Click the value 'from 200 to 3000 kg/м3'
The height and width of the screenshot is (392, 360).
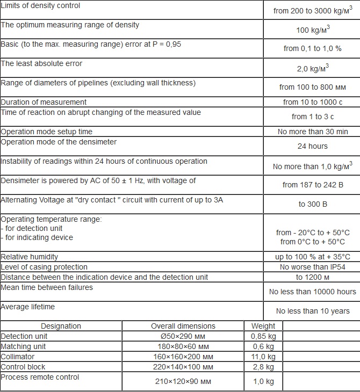point(312,11)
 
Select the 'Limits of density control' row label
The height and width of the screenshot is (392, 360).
point(41,6)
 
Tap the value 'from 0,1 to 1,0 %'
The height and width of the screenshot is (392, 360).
point(312,48)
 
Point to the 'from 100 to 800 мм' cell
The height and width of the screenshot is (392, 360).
point(312,86)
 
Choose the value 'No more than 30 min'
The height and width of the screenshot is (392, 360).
point(312,132)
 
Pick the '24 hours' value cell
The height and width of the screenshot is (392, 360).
point(312,146)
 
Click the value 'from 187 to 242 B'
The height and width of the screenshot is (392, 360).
point(312,185)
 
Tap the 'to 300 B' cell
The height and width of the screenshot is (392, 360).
point(312,204)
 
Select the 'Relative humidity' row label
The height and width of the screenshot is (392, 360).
point(30,257)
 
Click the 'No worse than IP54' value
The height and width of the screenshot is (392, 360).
point(312,267)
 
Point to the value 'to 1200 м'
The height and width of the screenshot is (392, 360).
point(312,277)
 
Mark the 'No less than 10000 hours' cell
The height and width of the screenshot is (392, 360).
point(312,292)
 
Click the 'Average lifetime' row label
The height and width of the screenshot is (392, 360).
point(28,307)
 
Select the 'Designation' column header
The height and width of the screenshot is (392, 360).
point(61,326)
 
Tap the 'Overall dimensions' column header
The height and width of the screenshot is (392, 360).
point(183,326)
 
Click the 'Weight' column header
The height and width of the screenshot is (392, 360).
point(263,326)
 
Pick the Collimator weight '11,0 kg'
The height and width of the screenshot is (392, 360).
point(263,357)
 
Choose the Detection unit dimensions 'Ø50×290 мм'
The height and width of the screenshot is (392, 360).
point(183,336)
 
